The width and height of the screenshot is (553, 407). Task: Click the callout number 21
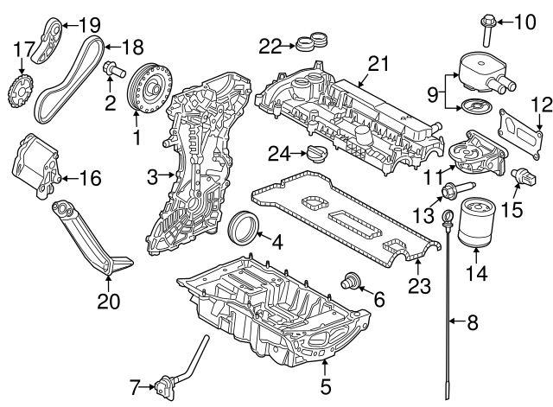point(378,64)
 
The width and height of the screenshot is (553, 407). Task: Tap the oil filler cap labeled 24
point(317,154)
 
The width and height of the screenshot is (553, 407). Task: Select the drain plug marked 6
point(349,281)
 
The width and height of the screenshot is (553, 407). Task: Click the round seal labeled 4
point(243,226)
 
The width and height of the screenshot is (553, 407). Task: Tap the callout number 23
point(419,286)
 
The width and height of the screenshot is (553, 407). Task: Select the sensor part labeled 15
point(524,176)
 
